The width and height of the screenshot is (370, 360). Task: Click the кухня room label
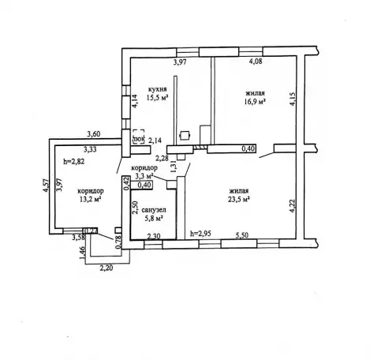pyautogui.click(x=157, y=89)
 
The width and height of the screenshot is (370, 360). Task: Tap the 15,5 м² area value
pyautogui.click(x=157, y=98)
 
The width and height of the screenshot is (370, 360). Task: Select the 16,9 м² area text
pyautogui.click(x=255, y=102)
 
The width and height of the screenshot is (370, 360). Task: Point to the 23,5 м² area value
pyautogui.click(x=239, y=199)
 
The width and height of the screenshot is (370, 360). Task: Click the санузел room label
pyautogui.click(x=154, y=210)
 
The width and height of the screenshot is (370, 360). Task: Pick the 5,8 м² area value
pyautogui.click(x=154, y=218)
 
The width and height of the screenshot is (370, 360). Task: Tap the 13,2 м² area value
pyautogui.click(x=91, y=199)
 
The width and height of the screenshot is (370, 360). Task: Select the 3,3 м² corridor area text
pyautogui.click(x=144, y=175)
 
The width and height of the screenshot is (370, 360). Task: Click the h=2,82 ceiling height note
pyautogui.click(x=74, y=161)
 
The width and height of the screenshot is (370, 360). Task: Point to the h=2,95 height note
pyautogui.click(x=201, y=233)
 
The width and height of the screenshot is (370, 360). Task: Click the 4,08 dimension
pyautogui.click(x=256, y=62)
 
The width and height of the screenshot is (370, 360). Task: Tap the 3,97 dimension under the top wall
pyautogui.click(x=180, y=62)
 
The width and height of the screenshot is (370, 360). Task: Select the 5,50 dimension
pyautogui.click(x=242, y=235)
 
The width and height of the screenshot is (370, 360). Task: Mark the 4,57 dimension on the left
pyautogui.click(x=46, y=186)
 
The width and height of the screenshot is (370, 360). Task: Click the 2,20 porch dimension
pyautogui.click(x=107, y=268)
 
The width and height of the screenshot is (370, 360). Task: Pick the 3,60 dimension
pyautogui.click(x=94, y=134)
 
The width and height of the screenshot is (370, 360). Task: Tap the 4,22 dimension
pyautogui.click(x=293, y=206)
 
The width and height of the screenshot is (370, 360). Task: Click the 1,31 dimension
pyautogui.click(x=174, y=167)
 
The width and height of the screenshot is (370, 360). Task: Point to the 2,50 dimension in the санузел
pyautogui.click(x=135, y=208)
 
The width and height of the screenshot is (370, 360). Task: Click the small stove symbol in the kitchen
pyautogui.click(x=185, y=136)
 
